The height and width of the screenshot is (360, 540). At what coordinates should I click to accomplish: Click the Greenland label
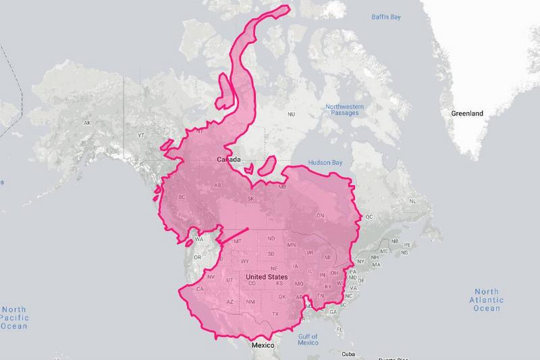coord(467,113)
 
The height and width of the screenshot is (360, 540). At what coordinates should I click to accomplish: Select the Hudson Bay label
coord(325,163)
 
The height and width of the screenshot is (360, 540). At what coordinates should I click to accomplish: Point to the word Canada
coord(230,159)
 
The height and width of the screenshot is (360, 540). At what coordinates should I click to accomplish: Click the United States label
coord(267,277)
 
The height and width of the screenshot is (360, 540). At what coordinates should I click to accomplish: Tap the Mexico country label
coord(263,345)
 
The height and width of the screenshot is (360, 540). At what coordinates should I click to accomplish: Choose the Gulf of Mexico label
coord(308,339)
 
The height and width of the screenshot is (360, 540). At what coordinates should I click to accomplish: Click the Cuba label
coord(348,354)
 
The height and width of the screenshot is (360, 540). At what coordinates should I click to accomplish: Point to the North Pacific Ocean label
coord(13,317)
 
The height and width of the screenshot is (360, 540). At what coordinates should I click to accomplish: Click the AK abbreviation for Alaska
coord(86,123)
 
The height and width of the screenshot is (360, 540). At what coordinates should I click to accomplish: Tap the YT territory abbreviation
coord(141,135)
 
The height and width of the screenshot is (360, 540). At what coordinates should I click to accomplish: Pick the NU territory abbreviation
coord(291,115)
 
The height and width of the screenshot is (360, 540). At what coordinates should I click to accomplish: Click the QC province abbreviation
coord(369,217)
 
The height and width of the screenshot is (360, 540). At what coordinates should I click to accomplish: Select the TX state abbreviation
coord(275,314)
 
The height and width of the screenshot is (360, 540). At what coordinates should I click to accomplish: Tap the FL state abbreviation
coord(339,330)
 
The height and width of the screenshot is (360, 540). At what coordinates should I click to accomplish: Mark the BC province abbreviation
coord(182,197)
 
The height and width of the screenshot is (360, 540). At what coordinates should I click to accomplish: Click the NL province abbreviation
coord(412,201)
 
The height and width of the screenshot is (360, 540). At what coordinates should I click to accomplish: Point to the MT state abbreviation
coord(238,241)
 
